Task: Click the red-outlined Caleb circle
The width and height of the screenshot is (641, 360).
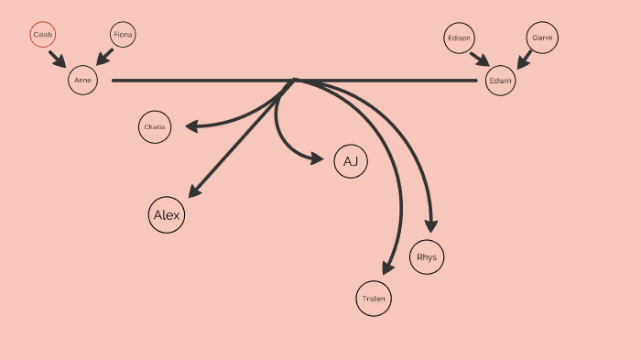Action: click(x=42, y=36)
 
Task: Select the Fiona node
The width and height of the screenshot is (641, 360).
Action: click(x=123, y=36)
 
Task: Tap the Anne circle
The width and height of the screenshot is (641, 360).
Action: click(x=82, y=81)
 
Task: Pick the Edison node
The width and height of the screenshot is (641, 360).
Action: click(x=458, y=38)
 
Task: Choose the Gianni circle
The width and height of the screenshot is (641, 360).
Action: click(x=542, y=38)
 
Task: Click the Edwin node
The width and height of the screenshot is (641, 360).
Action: click(x=501, y=81)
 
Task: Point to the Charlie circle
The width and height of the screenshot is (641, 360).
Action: click(x=155, y=127)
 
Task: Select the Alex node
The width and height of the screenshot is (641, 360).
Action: click(x=167, y=215)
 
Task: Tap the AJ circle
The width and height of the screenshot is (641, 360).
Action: click(x=350, y=162)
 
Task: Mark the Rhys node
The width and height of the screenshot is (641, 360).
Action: click(x=427, y=257)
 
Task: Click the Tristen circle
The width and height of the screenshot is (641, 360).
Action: click(x=374, y=299)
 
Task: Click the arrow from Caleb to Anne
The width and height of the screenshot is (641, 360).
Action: click(x=58, y=59)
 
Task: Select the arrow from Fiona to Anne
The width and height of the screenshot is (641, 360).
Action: click(x=104, y=57)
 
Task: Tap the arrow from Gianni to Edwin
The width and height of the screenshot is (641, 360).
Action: click(x=525, y=59)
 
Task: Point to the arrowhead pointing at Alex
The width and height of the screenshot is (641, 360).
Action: click(x=193, y=191)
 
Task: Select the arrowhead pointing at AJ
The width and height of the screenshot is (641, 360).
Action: click(x=317, y=158)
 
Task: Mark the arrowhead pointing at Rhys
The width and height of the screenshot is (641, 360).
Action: click(x=431, y=226)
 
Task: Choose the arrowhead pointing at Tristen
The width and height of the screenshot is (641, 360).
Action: click(x=388, y=267)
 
